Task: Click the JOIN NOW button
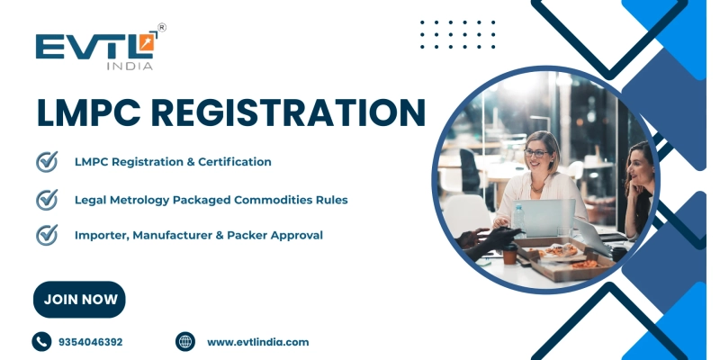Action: pos(79,300)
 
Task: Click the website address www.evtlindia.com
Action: pos(257,342)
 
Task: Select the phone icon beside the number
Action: pos(41,342)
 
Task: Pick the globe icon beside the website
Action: pos(185,342)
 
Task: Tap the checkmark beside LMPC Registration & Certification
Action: pos(46,162)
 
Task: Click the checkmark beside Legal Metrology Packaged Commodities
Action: pos(46,199)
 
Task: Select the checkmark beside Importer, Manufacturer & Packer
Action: pos(46,235)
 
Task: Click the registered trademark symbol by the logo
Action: pos(161,28)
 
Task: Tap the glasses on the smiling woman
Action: pos(536,153)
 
